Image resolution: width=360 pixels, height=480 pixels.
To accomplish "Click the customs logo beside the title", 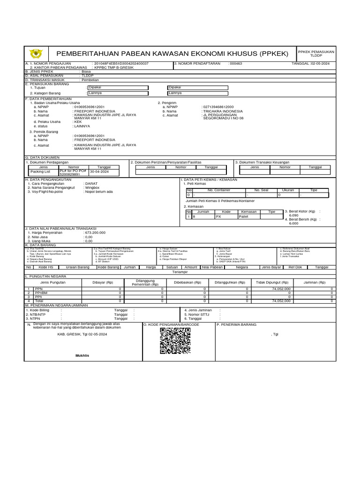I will coord(36,53).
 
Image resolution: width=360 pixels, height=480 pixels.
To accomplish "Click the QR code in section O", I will coord(175,341).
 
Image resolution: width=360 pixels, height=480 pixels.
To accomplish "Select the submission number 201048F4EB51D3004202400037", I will coord(121,63).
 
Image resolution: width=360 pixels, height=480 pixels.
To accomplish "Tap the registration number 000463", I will coord(236,63).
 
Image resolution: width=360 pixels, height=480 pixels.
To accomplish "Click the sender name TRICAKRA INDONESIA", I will coord(222,111).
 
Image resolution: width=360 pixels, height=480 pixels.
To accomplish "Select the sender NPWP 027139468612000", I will coord(218,107).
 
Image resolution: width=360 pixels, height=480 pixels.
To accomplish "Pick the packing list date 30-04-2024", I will coord(99,172).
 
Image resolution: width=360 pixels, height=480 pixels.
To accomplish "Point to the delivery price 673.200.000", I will coord(95,232).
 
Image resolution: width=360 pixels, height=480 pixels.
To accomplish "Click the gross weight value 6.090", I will coord(294,215).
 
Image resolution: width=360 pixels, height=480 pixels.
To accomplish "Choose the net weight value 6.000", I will coord(294,223).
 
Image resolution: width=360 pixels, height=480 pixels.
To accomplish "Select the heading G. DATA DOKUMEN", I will coord(43,158).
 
